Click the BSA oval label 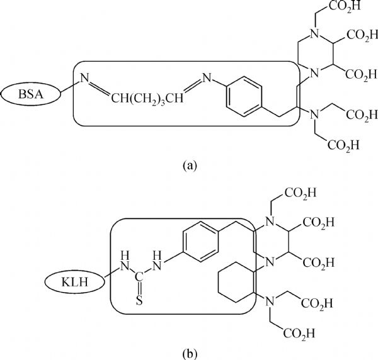pyautogui.click(x=31, y=94)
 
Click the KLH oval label pyautogui.click(x=75, y=282)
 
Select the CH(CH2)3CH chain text pyautogui.click(x=147, y=98)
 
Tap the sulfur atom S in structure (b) pyautogui.click(x=139, y=300)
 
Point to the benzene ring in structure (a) pyautogui.click(x=244, y=96)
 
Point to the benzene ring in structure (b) pyautogui.click(x=201, y=242)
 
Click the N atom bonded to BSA pyautogui.click(x=84, y=78)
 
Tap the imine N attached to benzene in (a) pyautogui.click(x=207, y=78)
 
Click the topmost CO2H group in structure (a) pyautogui.click(x=345, y=6)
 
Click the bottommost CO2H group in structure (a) pyautogui.click(x=343, y=145)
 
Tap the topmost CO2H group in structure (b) pyautogui.click(x=300, y=193)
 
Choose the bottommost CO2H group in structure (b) pyautogui.click(x=299, y=334)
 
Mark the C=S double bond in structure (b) pyautogui.click(x=139, y=288)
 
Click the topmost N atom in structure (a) pyautogui.click(x=314, y=34)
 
